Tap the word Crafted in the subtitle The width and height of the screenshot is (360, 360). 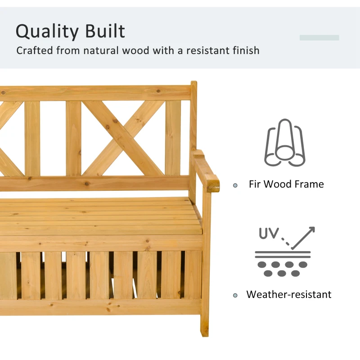click(34, 50)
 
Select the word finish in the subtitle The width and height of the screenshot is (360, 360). click(245, 50)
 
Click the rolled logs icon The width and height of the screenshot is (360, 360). click(284, 143)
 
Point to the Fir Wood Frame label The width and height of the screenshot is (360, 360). click(286, 184)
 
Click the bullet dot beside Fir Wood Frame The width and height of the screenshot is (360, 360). click(235, 185)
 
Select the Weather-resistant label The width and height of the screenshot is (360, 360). click(288, 295)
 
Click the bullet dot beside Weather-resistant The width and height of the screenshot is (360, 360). click(235, 296)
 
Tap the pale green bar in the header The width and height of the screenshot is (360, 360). click(319, 38)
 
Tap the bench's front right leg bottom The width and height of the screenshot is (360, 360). click(205, 331)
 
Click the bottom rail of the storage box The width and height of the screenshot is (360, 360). click(99, 307)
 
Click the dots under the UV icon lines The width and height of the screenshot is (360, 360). click(282, 269)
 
